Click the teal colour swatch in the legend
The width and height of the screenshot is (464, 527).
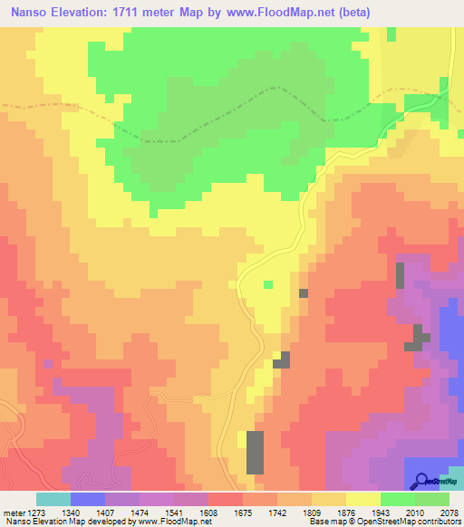click(x=53, y=499)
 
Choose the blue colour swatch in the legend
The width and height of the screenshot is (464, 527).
click(x=87, y=499)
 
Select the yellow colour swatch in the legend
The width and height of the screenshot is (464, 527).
click(x=362, y=499)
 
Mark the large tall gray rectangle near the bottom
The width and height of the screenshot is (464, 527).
click(x=256, y=452)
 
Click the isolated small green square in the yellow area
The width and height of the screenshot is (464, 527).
click(x=267, y=285)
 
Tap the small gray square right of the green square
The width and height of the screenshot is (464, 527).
click(x=303, y=292)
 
